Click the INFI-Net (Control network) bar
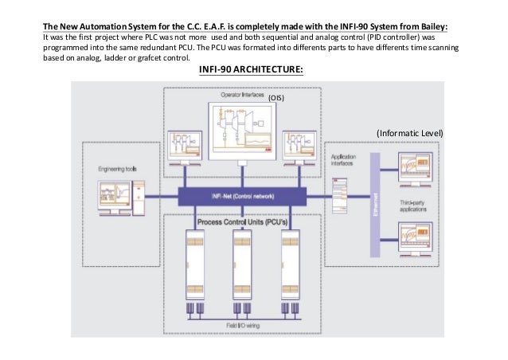pos(242,195)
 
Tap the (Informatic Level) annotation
pos(409,131)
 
